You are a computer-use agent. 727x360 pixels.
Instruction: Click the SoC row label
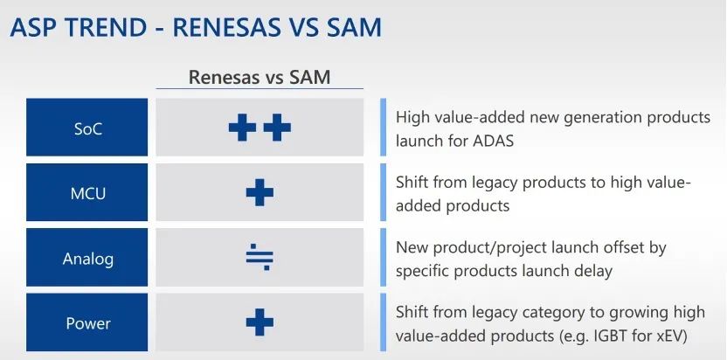coord(87,128)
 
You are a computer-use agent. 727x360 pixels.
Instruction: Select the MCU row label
coord(87,193)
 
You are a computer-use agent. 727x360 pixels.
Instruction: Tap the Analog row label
coord(87,259)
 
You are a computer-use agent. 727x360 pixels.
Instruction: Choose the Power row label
coord(87,323)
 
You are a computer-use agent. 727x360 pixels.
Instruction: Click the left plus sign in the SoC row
coord(243,127)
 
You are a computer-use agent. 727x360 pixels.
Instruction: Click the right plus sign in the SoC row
coord(277,127)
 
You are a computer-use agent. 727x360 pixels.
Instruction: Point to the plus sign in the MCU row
coord(260,192)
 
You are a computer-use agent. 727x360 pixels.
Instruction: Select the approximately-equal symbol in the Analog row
coord(260,257)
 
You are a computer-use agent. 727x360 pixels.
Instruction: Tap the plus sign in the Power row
coord(260,322)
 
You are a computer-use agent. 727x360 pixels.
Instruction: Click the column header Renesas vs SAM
coord(260,77)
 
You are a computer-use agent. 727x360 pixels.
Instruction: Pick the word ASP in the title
coord(32,27)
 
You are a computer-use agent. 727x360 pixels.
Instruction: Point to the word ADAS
coord(493,141)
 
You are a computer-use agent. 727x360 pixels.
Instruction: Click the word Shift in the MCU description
coord(412,183)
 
